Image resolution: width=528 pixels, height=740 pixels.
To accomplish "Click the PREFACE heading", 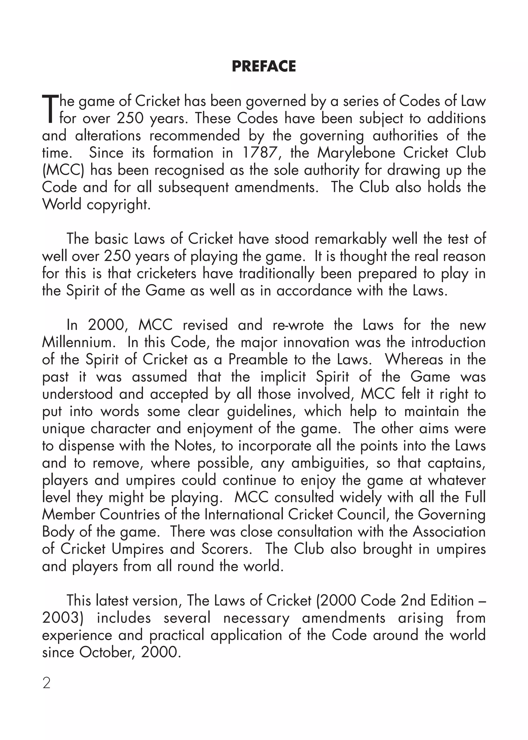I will (x=264, y=66).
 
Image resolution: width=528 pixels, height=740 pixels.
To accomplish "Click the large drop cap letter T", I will (x=50, y=109).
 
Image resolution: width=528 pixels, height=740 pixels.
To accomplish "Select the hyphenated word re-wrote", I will (x=298, y=325).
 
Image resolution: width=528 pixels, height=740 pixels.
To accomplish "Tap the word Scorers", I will (x=227, y=549).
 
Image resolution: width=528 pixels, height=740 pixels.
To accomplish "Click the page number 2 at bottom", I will (x=46, y=684).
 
